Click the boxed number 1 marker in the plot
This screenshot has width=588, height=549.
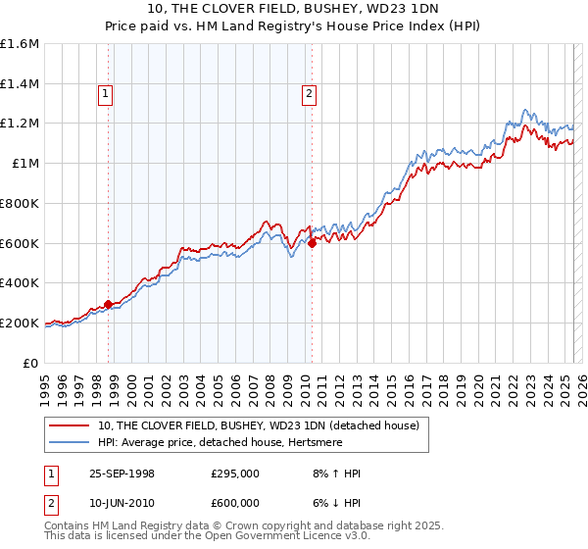pos(105,95)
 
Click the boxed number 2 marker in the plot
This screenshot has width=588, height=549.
pos(309,95)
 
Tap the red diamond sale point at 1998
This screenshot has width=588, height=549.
pos(108,304)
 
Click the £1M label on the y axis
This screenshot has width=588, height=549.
pos(25,164)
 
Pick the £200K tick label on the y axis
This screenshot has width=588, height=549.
pos(20,323)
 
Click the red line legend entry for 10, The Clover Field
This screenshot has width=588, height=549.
pos(259,425)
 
